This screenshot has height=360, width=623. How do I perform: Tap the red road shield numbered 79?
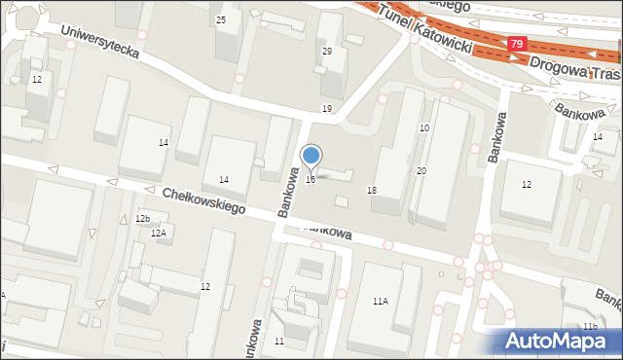click(518, 45)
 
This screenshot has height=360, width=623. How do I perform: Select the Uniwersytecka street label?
click(99, 43)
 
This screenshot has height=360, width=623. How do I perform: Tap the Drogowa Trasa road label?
click(574, 69)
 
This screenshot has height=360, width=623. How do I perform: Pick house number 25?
click(221, 19)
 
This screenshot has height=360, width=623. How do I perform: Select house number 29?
click(327, 51)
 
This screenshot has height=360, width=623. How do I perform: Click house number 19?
click(327, 108)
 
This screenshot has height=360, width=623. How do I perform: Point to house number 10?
click(424, 128)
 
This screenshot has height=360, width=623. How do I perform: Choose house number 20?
click(421, 171)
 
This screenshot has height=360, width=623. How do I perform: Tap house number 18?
click(372, 190)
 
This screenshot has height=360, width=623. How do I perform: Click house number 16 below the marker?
click(311, 179)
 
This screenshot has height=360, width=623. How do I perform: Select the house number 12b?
click(143, 219)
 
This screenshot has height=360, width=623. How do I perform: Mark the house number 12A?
click(158, 233)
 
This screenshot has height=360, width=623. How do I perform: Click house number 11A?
click(380, 302)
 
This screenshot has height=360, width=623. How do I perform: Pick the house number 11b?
click(590, 325)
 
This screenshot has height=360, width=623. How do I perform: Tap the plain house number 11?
click(279, 341)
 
